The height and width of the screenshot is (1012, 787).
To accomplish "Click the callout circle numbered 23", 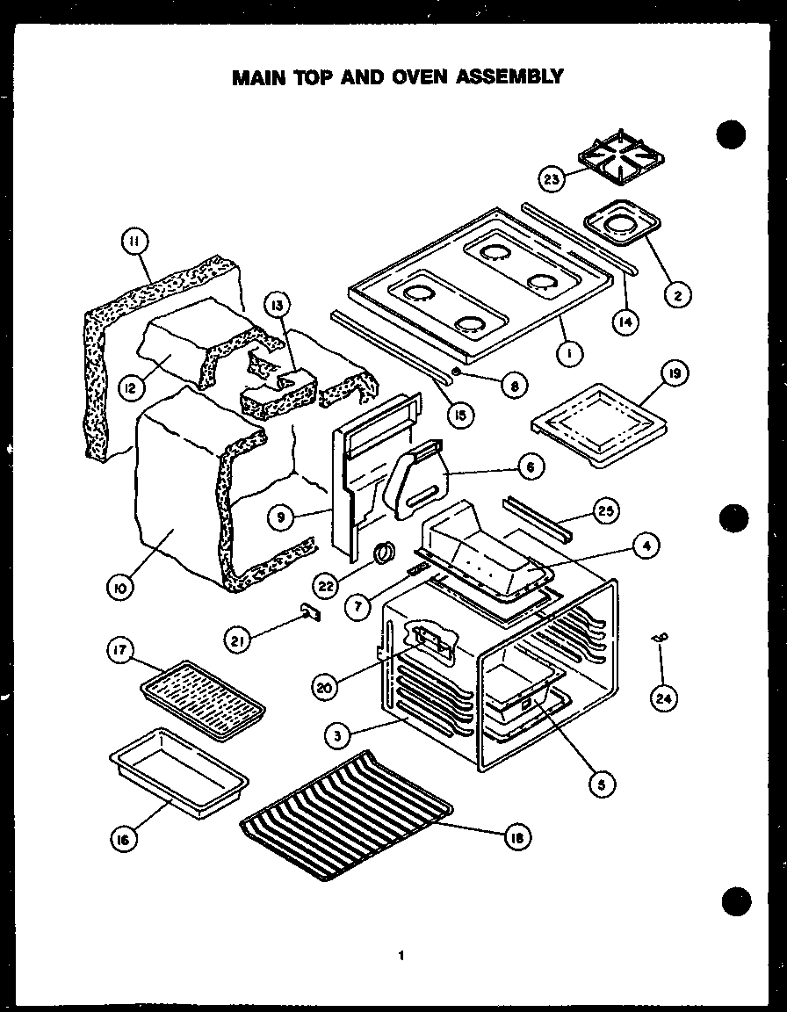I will coord(552,179).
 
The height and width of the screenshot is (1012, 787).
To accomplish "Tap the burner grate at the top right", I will coord(622,160).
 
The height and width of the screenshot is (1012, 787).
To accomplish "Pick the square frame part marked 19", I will coord(596,422).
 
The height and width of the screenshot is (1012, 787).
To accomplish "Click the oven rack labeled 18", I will coord(347,813).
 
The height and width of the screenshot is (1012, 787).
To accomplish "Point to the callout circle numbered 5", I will coord(601,782).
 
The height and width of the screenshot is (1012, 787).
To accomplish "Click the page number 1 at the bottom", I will coord(400,956).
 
